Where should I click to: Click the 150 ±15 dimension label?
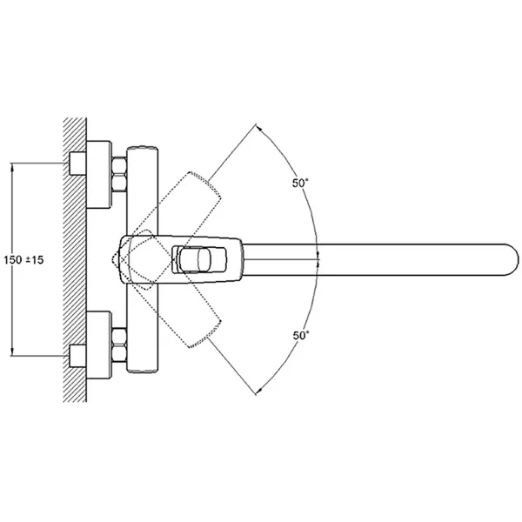pyautogui.click(x=23, y=259)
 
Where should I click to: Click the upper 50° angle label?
pyautogui.click(x=300, y=183)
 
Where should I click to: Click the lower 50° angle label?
pyautogui.click(x=301, y=335)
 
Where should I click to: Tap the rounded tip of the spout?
pyautogui.click(x=513, y=259)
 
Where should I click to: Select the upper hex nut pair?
pyautogui.click(x=119, y=174)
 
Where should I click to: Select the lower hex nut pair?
pyautogui.click(x=119, y=345)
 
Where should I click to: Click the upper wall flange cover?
pyautogui.click(x=99, y=175)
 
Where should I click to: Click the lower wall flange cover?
pyautogui.click(x=99, y=345)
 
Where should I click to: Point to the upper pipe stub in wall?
pyautogui.click(x=78, y=164)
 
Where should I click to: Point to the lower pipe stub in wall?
pyautogui.click(x=78, y=356)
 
